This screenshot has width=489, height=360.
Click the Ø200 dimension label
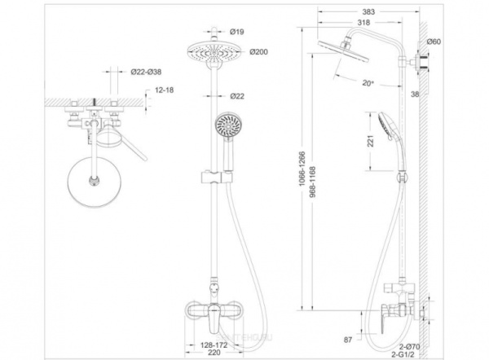[x=238, y=52]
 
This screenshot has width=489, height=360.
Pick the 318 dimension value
[x=353, y=24]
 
